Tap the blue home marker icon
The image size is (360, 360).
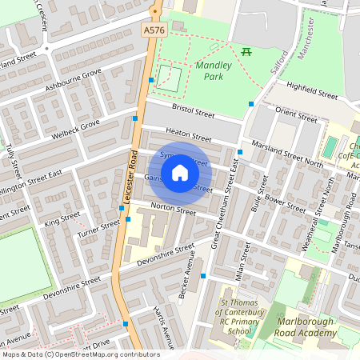coord(180,173)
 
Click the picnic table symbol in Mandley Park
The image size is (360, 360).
coord(247,53)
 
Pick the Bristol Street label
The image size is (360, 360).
coord(195,110)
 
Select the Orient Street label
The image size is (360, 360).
coord(296,112)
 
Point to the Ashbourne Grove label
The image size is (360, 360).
coord(74,81)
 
